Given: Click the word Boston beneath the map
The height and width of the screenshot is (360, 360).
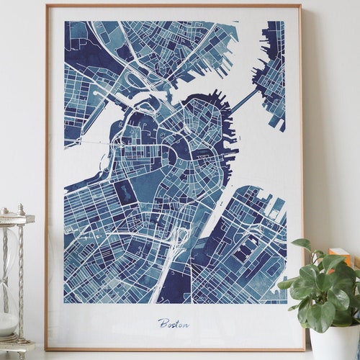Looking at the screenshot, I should [x=174, y=323].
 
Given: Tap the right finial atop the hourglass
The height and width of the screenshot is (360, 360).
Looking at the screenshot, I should [x=21, y=210].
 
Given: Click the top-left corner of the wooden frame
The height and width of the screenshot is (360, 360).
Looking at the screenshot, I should [x=47, y=6].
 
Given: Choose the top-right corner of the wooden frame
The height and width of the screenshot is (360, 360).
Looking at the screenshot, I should [x=300, y=6].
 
